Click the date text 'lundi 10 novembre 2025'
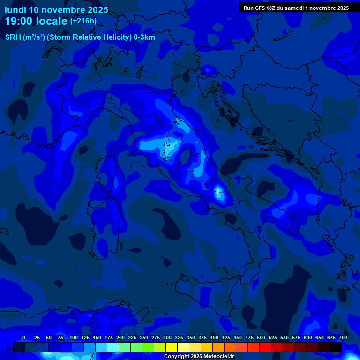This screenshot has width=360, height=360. point(56,10)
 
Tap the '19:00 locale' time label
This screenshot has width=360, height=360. point(36,21)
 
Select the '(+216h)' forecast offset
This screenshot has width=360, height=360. point(83,21)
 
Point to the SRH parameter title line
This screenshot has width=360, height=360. point(80,37)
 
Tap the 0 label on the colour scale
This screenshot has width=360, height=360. point(24,337)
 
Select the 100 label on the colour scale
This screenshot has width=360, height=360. point(74,337)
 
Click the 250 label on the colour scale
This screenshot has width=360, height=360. point(144,337)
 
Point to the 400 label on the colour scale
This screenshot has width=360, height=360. point(214,337)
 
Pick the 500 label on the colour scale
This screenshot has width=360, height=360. point(261,337)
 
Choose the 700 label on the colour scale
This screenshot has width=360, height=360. point(343,337)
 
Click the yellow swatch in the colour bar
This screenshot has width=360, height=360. point(172,347)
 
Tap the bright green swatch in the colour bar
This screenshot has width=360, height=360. point(148,347)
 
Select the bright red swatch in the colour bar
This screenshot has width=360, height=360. point(265,347)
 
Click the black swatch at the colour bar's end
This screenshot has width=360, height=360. point(336,347)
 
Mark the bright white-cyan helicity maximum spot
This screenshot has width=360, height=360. point(218,190)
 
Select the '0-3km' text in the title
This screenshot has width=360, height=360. point(144,37)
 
